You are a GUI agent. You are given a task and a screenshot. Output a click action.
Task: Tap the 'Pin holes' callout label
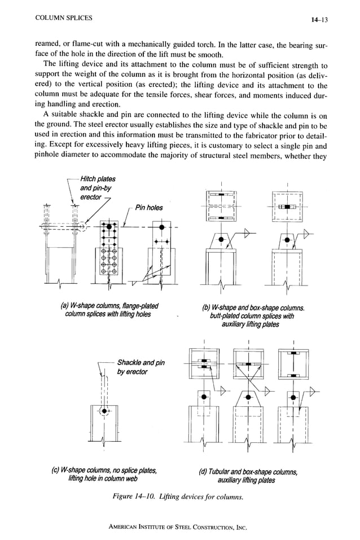(x=148, y=208)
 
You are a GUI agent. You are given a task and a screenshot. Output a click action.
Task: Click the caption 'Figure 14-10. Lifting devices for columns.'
(x=178, y=497)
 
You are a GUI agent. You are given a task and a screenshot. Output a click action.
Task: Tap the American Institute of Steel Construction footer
(x=178, y=528)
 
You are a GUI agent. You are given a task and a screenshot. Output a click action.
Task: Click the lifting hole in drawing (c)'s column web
(x=103, y=411)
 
